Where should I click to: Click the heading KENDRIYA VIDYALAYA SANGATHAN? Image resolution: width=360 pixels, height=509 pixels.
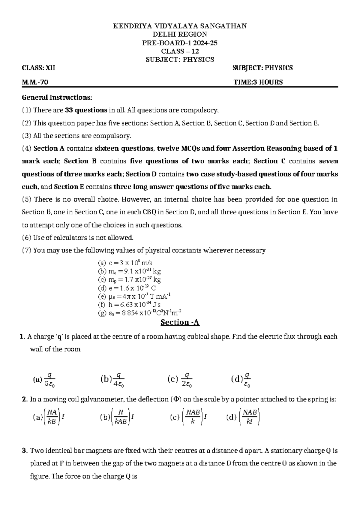[180, 26]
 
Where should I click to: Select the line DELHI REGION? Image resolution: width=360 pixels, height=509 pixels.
[180, 35]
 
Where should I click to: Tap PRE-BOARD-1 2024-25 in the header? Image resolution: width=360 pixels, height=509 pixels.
[180, 43]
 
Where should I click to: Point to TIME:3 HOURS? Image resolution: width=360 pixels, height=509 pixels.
[258, 82]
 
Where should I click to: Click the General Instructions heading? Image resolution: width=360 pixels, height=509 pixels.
[57, 98]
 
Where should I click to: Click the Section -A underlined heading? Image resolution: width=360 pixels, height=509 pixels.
[180, 323]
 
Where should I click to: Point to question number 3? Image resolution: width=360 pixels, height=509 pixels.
[25, 451]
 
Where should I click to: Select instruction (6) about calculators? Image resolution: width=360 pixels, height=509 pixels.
[77, 238]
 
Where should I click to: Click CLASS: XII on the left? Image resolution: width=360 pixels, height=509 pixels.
[38, 68]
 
